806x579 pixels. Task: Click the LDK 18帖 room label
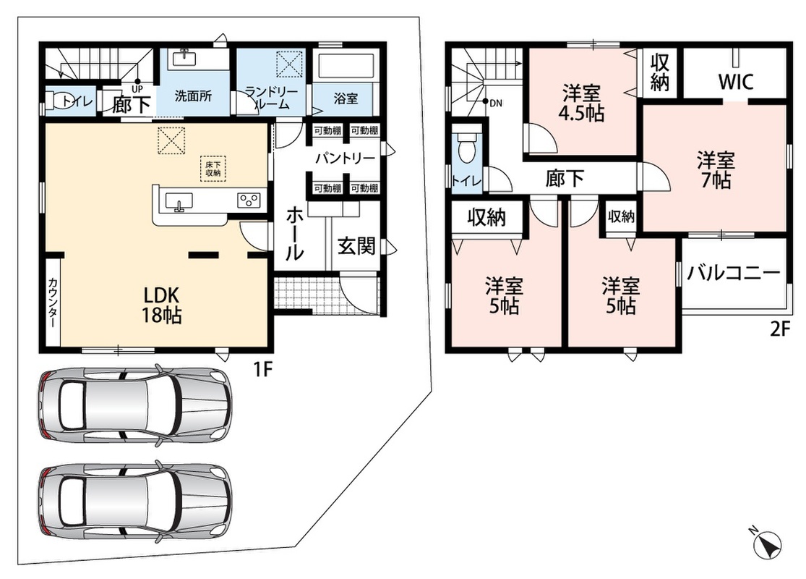(161, 305)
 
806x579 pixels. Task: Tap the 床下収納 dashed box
(213, 169)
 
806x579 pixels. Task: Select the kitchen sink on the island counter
(179, 201)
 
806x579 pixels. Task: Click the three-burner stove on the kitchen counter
(248, 200)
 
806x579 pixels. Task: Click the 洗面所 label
(193, 96)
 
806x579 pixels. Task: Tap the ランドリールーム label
(271, 98)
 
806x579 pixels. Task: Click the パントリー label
(345, 158)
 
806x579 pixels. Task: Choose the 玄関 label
(356, 246)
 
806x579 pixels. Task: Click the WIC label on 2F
(736, 82)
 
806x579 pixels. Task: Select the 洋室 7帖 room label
(715, 170)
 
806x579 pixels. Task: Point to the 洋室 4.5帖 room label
(581, 103)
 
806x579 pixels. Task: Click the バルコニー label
(734, 272)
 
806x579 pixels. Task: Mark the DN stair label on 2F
(495, 103)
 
